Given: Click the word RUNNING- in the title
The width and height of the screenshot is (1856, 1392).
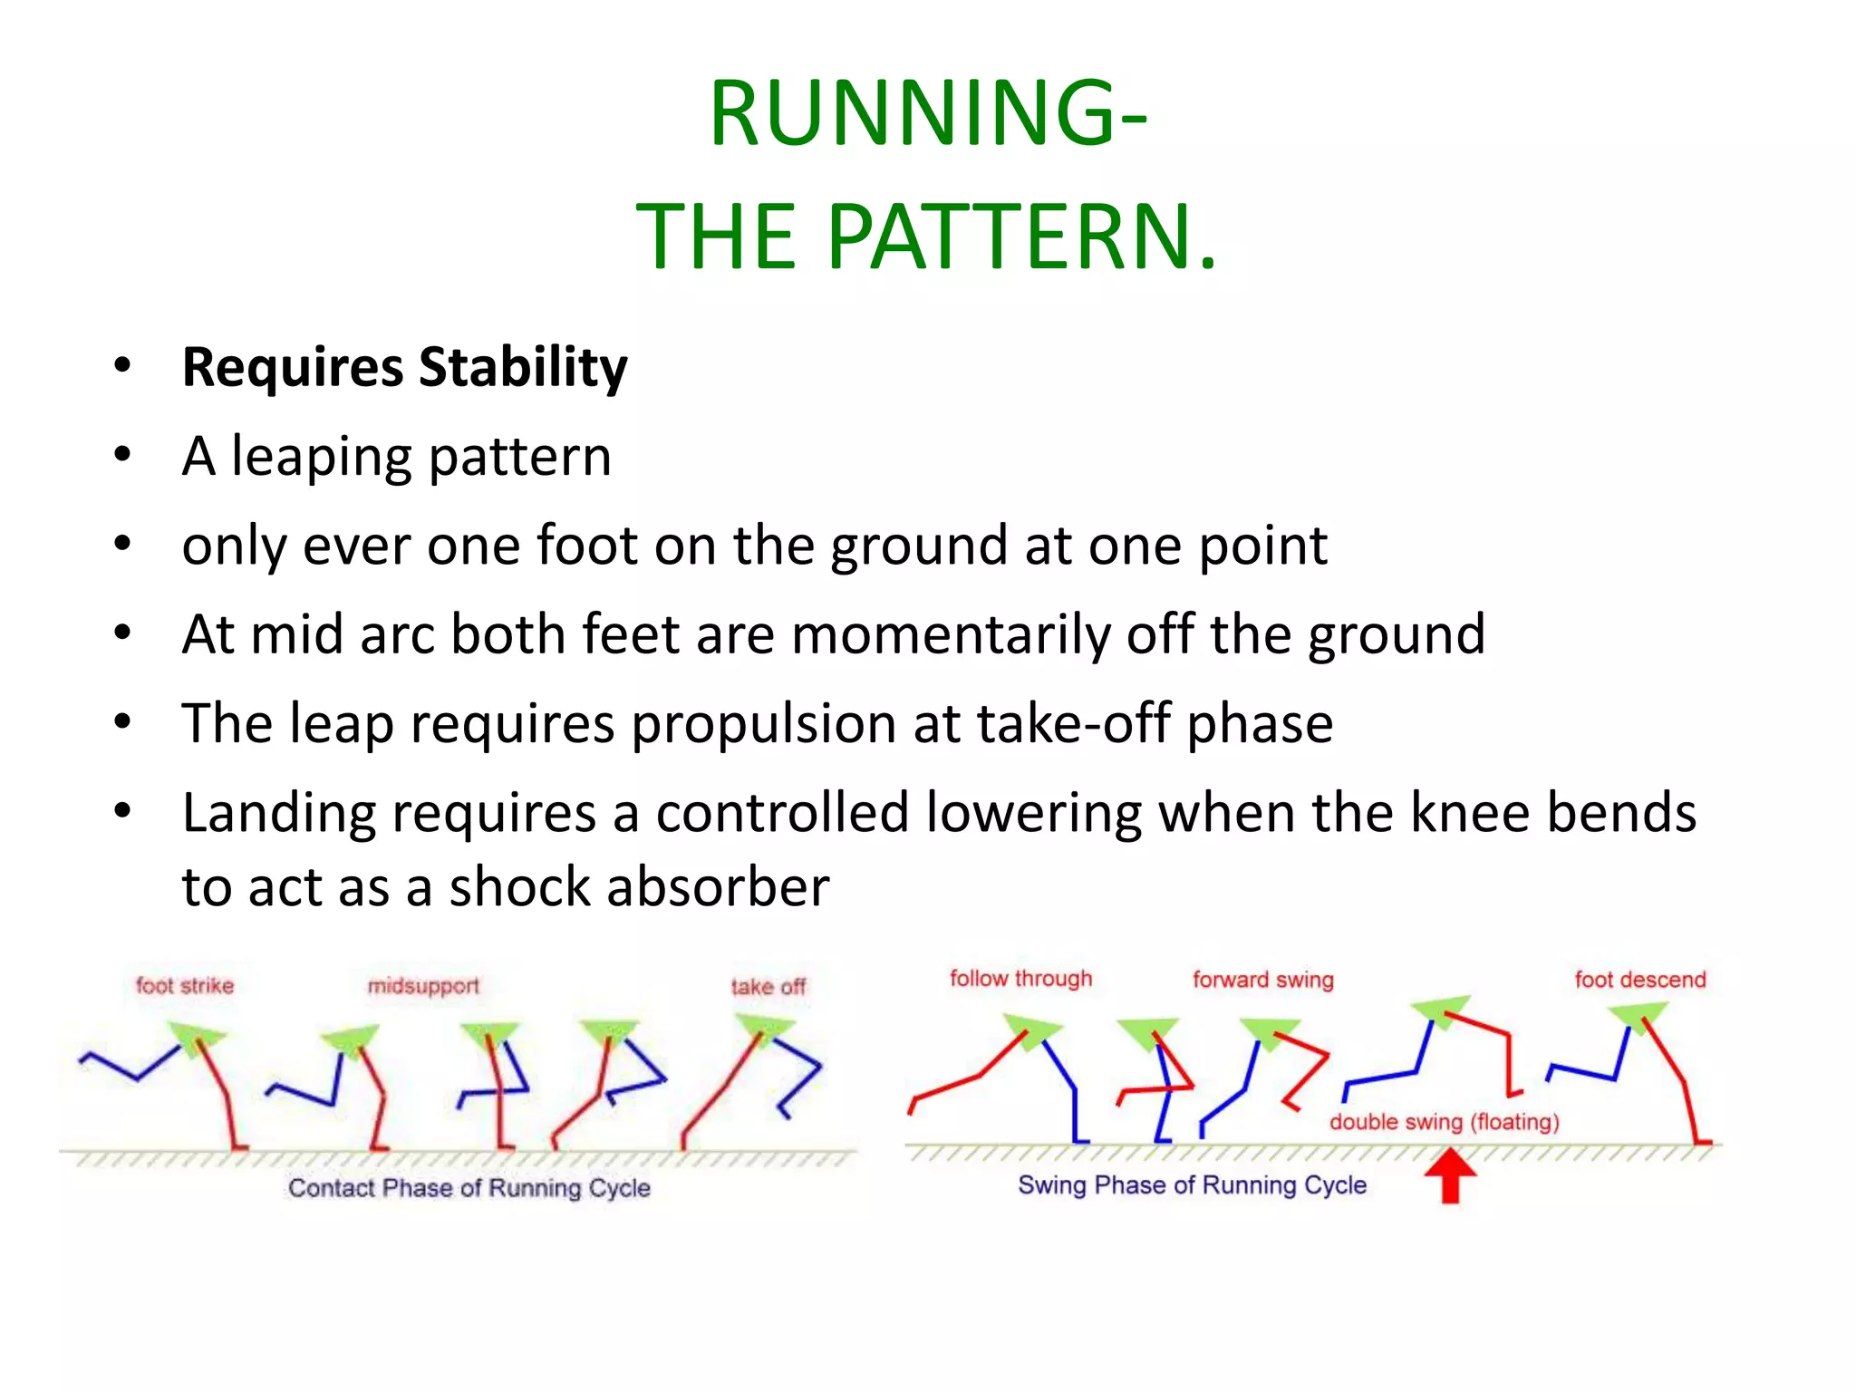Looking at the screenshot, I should tap(927, 113).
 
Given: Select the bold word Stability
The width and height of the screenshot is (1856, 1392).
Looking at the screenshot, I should tap(523, 368).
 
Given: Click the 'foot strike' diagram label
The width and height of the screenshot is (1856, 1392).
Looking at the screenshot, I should tap(185, 986).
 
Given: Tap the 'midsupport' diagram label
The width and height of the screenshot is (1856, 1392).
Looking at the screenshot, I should tap(423, 986).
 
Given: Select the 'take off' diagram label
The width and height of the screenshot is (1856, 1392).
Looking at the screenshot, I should tap(768, 987).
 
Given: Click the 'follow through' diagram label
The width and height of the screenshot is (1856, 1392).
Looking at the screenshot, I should tap(1020, 979).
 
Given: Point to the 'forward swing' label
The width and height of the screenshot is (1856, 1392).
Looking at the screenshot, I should tap(1262, 980).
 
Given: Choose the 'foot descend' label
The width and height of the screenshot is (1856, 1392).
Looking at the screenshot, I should tap(1639, 980).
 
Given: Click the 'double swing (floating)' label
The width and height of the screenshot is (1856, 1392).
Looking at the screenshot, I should tap(1444, 1122).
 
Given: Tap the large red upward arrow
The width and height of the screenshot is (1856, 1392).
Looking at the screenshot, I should tap(1450, 1174).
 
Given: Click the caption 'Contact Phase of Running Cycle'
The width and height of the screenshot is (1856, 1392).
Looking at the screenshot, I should tap(469, 1188).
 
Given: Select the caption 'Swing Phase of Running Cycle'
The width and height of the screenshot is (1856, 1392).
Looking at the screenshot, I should tap(1192, 1185).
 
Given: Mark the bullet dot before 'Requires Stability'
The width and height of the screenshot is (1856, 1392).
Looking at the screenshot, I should tap(122, 366).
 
